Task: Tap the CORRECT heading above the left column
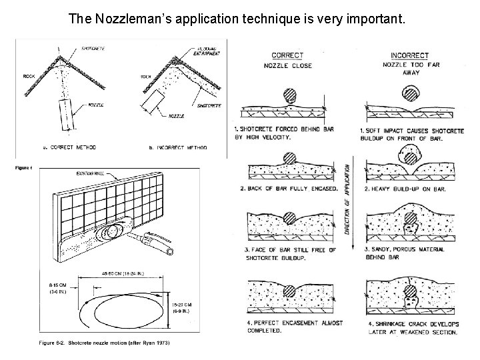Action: tap(287, 55)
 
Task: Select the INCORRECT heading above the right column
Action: tap(409, 55)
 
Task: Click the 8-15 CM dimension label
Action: tap(57, 288)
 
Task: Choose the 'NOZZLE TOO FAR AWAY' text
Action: tap(409, 69)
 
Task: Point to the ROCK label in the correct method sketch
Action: tap(29, 77)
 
